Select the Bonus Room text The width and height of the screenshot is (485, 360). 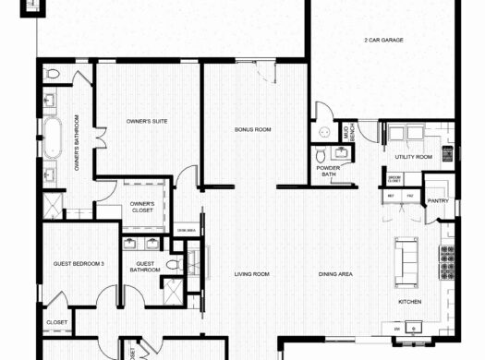[251, 130]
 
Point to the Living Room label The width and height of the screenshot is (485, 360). [251, 273]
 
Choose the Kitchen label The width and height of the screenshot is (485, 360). [410, 302]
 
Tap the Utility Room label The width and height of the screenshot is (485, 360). [413, 158]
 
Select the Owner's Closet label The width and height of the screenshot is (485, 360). [141, 207]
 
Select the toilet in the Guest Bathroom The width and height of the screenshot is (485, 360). [172, 265]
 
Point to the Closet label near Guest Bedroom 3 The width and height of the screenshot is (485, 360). [55, 322]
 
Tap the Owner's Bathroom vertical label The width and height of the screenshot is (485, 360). [77, 143]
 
